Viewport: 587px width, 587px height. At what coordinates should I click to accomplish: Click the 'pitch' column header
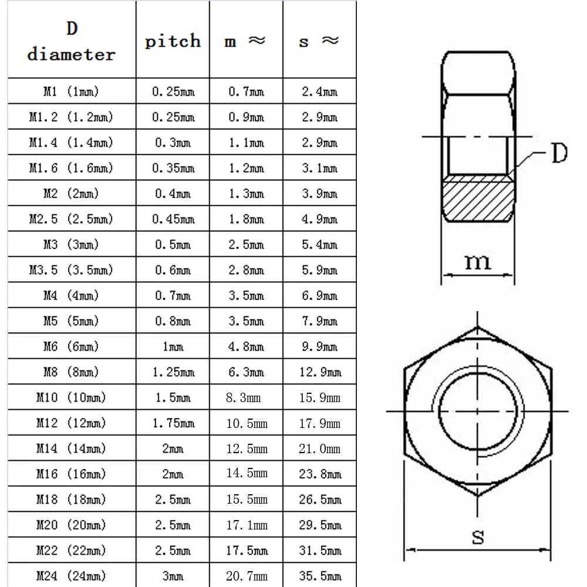coord(173,41)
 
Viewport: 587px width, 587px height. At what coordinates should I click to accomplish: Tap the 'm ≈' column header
coord(245,41)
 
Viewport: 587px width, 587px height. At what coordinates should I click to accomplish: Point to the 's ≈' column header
coord(319,41)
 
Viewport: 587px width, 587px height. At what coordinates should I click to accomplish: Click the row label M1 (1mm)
coord(71,92)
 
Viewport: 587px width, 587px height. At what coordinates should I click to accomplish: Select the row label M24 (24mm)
coord(71,576)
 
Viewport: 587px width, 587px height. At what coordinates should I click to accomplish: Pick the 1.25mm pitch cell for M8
coord(173,372)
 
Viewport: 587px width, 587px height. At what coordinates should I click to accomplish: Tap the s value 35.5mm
coord(319,576)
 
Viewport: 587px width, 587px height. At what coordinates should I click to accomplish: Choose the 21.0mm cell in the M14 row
coord(319,448)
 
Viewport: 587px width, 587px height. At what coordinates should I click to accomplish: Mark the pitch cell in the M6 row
coord(173,347)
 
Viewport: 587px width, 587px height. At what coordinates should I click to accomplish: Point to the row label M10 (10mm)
coord(71,398)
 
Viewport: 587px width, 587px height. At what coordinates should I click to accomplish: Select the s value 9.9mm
coord(319,347)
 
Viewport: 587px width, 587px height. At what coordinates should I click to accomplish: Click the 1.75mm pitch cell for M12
coord(173,423)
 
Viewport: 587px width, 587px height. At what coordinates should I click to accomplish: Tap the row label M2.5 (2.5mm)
coord(71,219)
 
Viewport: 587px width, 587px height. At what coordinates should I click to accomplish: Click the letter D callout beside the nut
coord(558,154)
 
